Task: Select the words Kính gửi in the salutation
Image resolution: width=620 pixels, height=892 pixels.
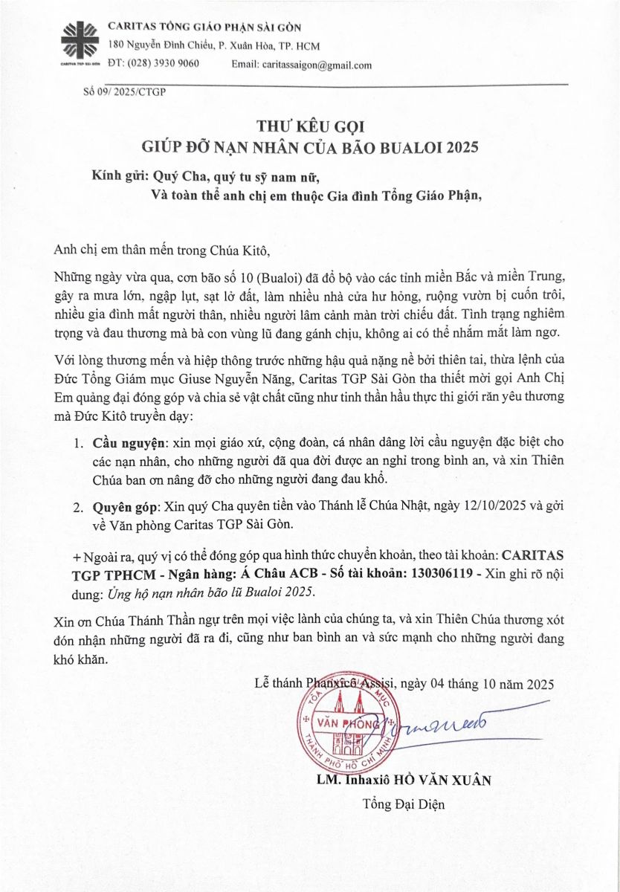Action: pos(120,176)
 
